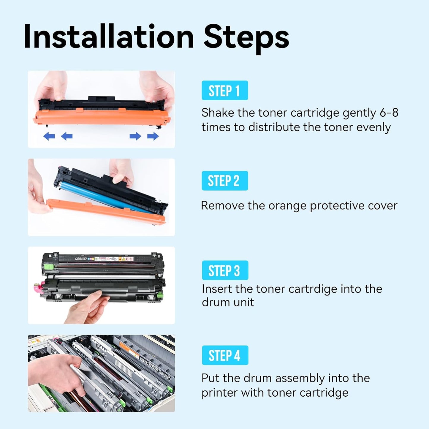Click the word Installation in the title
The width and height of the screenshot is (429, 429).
point(109,37)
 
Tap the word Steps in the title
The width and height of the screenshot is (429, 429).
point(246,37)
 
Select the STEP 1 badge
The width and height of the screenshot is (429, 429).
point(225,91)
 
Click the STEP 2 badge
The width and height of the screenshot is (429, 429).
point(225,181)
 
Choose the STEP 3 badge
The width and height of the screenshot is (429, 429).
point(225,270)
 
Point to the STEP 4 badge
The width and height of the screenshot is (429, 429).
point(225,355)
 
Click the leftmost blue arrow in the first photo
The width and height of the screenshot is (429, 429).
point(49,136)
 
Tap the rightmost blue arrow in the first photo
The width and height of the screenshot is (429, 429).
point(153,136)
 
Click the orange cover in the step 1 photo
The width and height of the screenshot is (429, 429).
point(101,117)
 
